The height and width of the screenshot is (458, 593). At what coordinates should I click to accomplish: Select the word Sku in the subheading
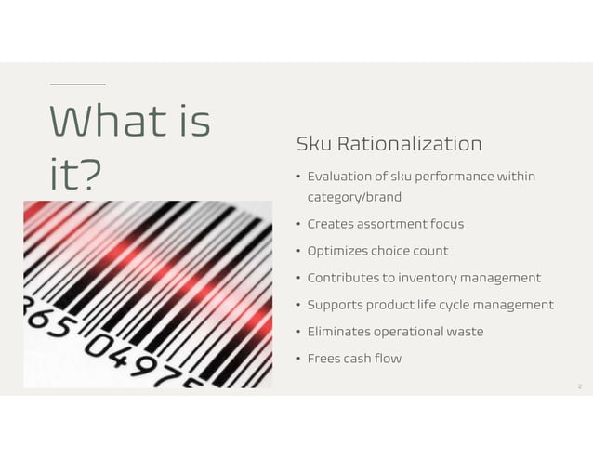pyautogui.click(x=313, y=144)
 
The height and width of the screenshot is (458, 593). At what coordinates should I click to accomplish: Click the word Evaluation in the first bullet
pyautogui.click(x=340, y=177)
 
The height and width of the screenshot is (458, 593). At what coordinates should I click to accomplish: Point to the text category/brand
pyautogui.click(x=354, y=197)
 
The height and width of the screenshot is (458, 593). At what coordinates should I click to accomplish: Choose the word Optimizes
pyautogui.click(x=337, y=251)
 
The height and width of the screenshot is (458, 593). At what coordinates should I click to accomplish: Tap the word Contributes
pyautogui.click(x=345, y=278)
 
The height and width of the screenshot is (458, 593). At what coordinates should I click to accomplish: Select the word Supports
pyautogui.click(x=336, y=305)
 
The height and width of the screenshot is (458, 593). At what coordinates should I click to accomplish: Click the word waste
pyautogui.click(x=463, y=332)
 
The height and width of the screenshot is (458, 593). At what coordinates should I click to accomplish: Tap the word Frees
pyautogui.click(x=324, y=359)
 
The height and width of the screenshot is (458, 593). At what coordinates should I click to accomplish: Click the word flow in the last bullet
pyautogui.click(x=389, y=359)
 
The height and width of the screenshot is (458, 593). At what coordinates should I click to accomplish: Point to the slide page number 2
pyautogui.click(x=580, y=386)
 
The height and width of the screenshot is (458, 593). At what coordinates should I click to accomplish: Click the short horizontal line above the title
pyautogui.click(x=77, y=85)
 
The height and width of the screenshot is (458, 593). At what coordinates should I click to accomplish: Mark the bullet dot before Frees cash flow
pyautogui.click(x=298, y=360)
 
